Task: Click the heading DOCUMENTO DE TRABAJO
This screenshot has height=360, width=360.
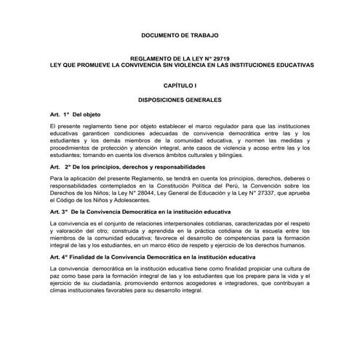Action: point(179,35)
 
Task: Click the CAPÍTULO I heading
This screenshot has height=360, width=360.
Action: point(180,85)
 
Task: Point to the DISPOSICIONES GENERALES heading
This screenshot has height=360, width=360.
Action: point(180,100)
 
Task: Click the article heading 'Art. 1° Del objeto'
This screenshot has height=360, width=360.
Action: point(76,116)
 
